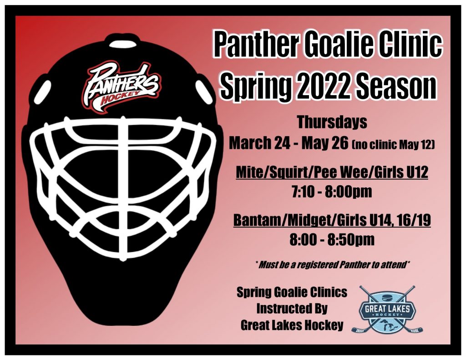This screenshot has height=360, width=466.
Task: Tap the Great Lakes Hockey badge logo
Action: coord(387,309)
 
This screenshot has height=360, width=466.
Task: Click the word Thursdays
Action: coord(332,122)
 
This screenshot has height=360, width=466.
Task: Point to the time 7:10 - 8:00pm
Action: coord(332,192)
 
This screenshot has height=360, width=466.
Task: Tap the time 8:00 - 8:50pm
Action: coord(332,240)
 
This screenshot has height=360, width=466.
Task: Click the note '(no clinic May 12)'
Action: coord(393,145)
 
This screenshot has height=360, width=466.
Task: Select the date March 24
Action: coord(259,143)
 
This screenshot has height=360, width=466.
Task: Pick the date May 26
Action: coord(324,143)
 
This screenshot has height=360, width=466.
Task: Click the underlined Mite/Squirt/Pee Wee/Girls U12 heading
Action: coord(332,172)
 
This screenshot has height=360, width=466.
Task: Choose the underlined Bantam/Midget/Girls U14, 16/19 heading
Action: coord(332,220)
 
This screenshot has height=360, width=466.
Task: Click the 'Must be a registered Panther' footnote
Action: coord(332,264)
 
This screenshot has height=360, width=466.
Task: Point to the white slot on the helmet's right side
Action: coord(203,90)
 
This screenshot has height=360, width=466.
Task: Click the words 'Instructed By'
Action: coord(292,309)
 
